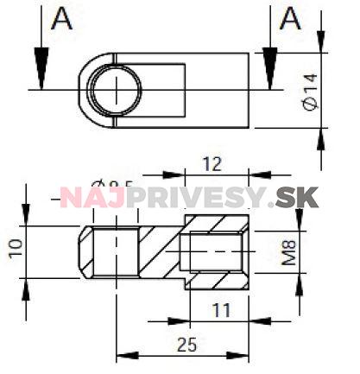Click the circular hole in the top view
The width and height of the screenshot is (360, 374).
tap(115, 89)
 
